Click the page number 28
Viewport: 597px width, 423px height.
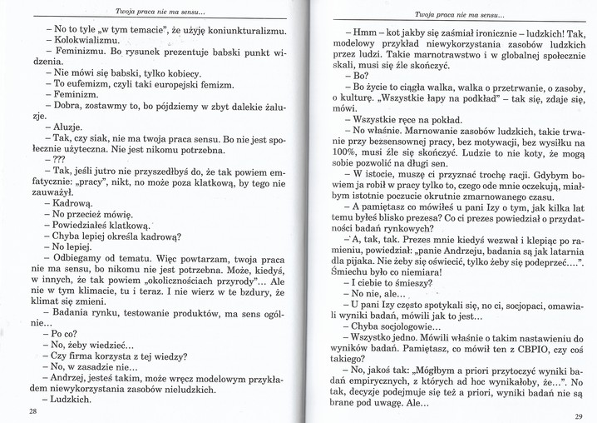32,411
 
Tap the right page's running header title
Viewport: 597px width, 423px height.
455,15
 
